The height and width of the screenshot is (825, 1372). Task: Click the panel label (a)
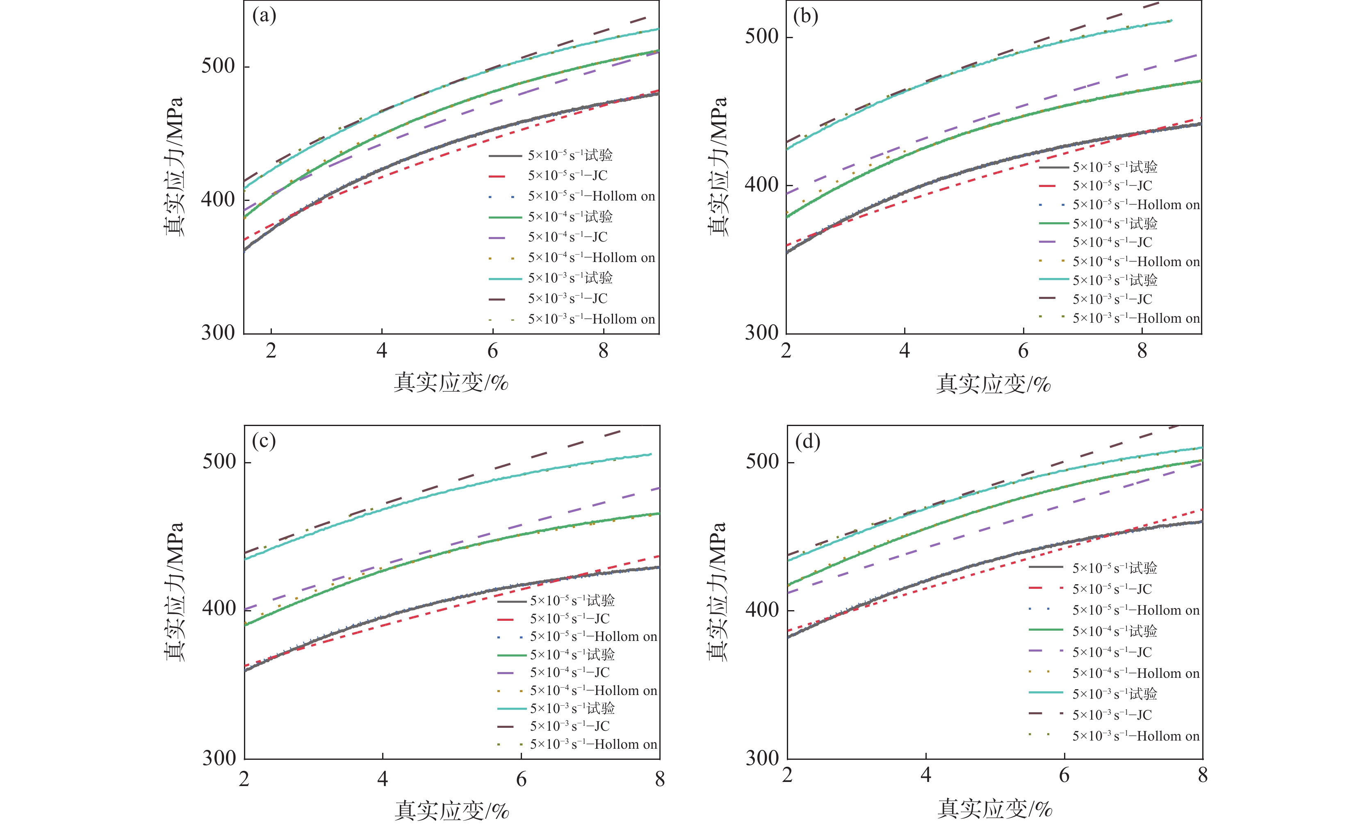(x=264, y=16)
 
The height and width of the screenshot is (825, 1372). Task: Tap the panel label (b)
(x=805, y=17)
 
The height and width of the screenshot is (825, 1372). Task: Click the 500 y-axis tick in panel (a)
(x=218, y=66)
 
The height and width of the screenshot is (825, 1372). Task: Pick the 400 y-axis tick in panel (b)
(x=761, y=185)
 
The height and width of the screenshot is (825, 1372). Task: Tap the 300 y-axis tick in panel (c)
(x=219, y=758)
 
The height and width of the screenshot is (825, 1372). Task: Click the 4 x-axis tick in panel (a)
(x=382, y=351)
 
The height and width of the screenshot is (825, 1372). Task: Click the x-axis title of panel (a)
(x=451, y=383)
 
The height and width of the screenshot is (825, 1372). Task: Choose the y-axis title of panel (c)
(x=174, y=592)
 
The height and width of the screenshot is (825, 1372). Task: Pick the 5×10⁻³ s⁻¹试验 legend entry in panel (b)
(x=1114, y=280)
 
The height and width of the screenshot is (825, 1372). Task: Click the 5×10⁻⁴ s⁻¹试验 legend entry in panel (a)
(x=570, y=217)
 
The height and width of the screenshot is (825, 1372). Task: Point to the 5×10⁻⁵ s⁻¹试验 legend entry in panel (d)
(x=1114, y=567)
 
